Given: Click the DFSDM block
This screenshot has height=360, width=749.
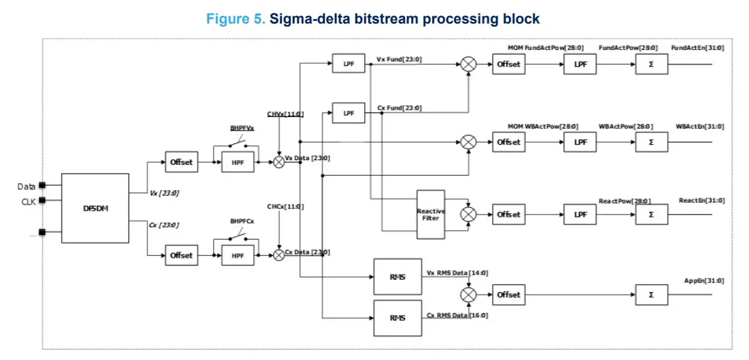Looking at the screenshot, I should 95,208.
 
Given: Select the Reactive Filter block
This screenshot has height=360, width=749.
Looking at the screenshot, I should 431,215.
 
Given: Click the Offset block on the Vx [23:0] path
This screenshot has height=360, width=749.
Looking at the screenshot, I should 182,162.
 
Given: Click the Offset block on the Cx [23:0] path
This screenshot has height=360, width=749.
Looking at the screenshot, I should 182,256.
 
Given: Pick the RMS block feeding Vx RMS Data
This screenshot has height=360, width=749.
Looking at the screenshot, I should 398,277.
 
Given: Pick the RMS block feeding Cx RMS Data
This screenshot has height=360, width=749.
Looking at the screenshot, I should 398,318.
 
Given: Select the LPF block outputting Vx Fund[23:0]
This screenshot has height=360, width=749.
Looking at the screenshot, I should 349,65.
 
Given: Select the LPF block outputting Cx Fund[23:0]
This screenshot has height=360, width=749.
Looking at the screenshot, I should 349,113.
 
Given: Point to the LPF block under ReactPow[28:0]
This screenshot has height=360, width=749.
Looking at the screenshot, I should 580,215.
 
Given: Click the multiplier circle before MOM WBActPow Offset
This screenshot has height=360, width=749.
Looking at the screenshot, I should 468,142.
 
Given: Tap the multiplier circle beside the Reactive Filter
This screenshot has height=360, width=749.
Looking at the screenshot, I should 468,215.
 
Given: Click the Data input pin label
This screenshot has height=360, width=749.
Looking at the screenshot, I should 26,186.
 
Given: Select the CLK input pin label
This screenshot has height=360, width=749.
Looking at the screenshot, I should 27,201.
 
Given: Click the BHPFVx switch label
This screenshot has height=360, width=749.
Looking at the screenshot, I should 242,128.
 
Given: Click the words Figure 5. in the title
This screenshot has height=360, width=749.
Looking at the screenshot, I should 236,19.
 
